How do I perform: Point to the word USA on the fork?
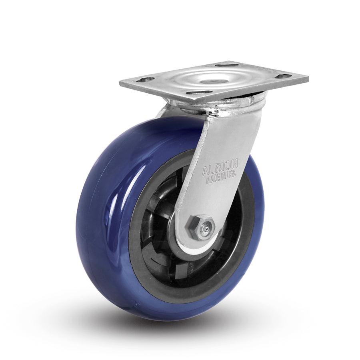pyautogui.click(x=232, y=174)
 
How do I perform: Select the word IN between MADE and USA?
pyautogui.click(x=222, y=177)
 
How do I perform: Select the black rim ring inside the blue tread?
pyautogui.click(x=138, y=256)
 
